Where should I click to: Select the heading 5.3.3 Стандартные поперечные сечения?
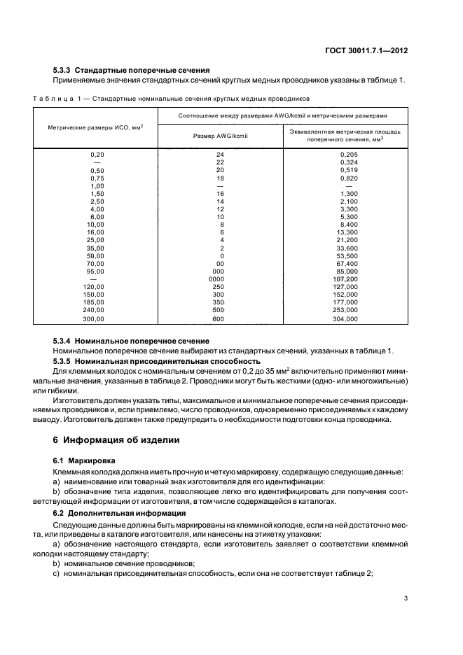coord(132,71)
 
